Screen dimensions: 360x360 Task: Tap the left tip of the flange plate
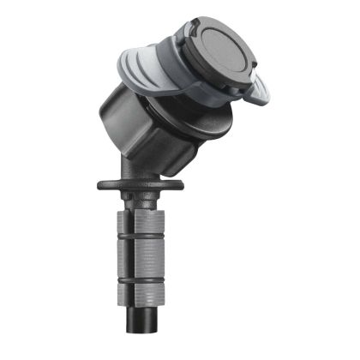(100, 183)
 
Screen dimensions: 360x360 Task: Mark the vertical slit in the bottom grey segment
(129, 293)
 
